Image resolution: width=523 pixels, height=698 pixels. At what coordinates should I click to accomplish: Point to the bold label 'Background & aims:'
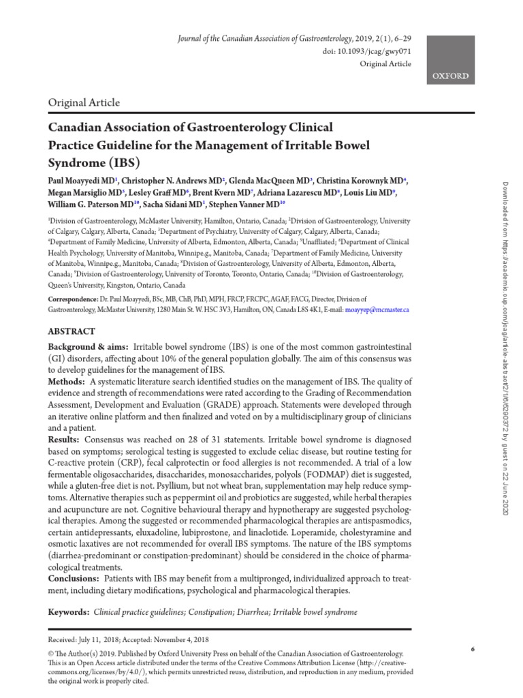88,347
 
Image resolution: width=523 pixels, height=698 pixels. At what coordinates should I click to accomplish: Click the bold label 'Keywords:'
68,612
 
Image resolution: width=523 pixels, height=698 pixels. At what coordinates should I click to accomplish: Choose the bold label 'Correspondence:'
78,299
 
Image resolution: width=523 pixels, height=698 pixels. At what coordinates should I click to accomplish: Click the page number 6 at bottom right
473,649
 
